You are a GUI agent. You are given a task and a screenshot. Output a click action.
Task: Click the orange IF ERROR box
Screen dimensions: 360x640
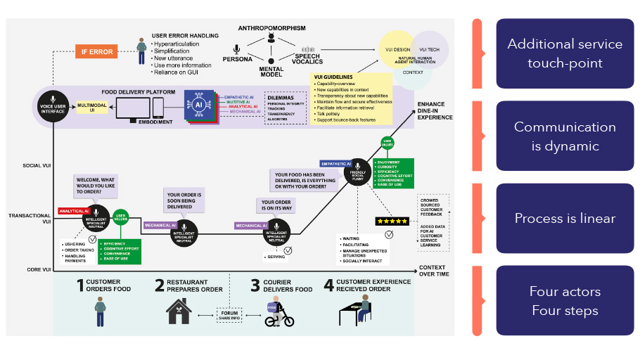[x=96, y=51]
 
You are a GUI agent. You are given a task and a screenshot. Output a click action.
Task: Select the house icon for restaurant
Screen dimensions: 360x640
[x=179, y=311]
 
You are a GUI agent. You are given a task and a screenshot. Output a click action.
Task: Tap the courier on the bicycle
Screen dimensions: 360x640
[x=279, y=312]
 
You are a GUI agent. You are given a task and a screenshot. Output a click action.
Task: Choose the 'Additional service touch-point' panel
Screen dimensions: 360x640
[x=565, y=53]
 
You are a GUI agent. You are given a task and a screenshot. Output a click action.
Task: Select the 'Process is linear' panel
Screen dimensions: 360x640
[x=565, y=218]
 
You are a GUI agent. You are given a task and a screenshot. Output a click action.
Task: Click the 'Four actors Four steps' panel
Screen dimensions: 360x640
[x=565, y=300]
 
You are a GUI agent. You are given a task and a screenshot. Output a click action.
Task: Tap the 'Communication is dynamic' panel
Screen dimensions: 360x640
[x=565, y=136]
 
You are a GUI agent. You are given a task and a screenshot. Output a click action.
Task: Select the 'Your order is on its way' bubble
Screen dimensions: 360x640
[x=276, y=207]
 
